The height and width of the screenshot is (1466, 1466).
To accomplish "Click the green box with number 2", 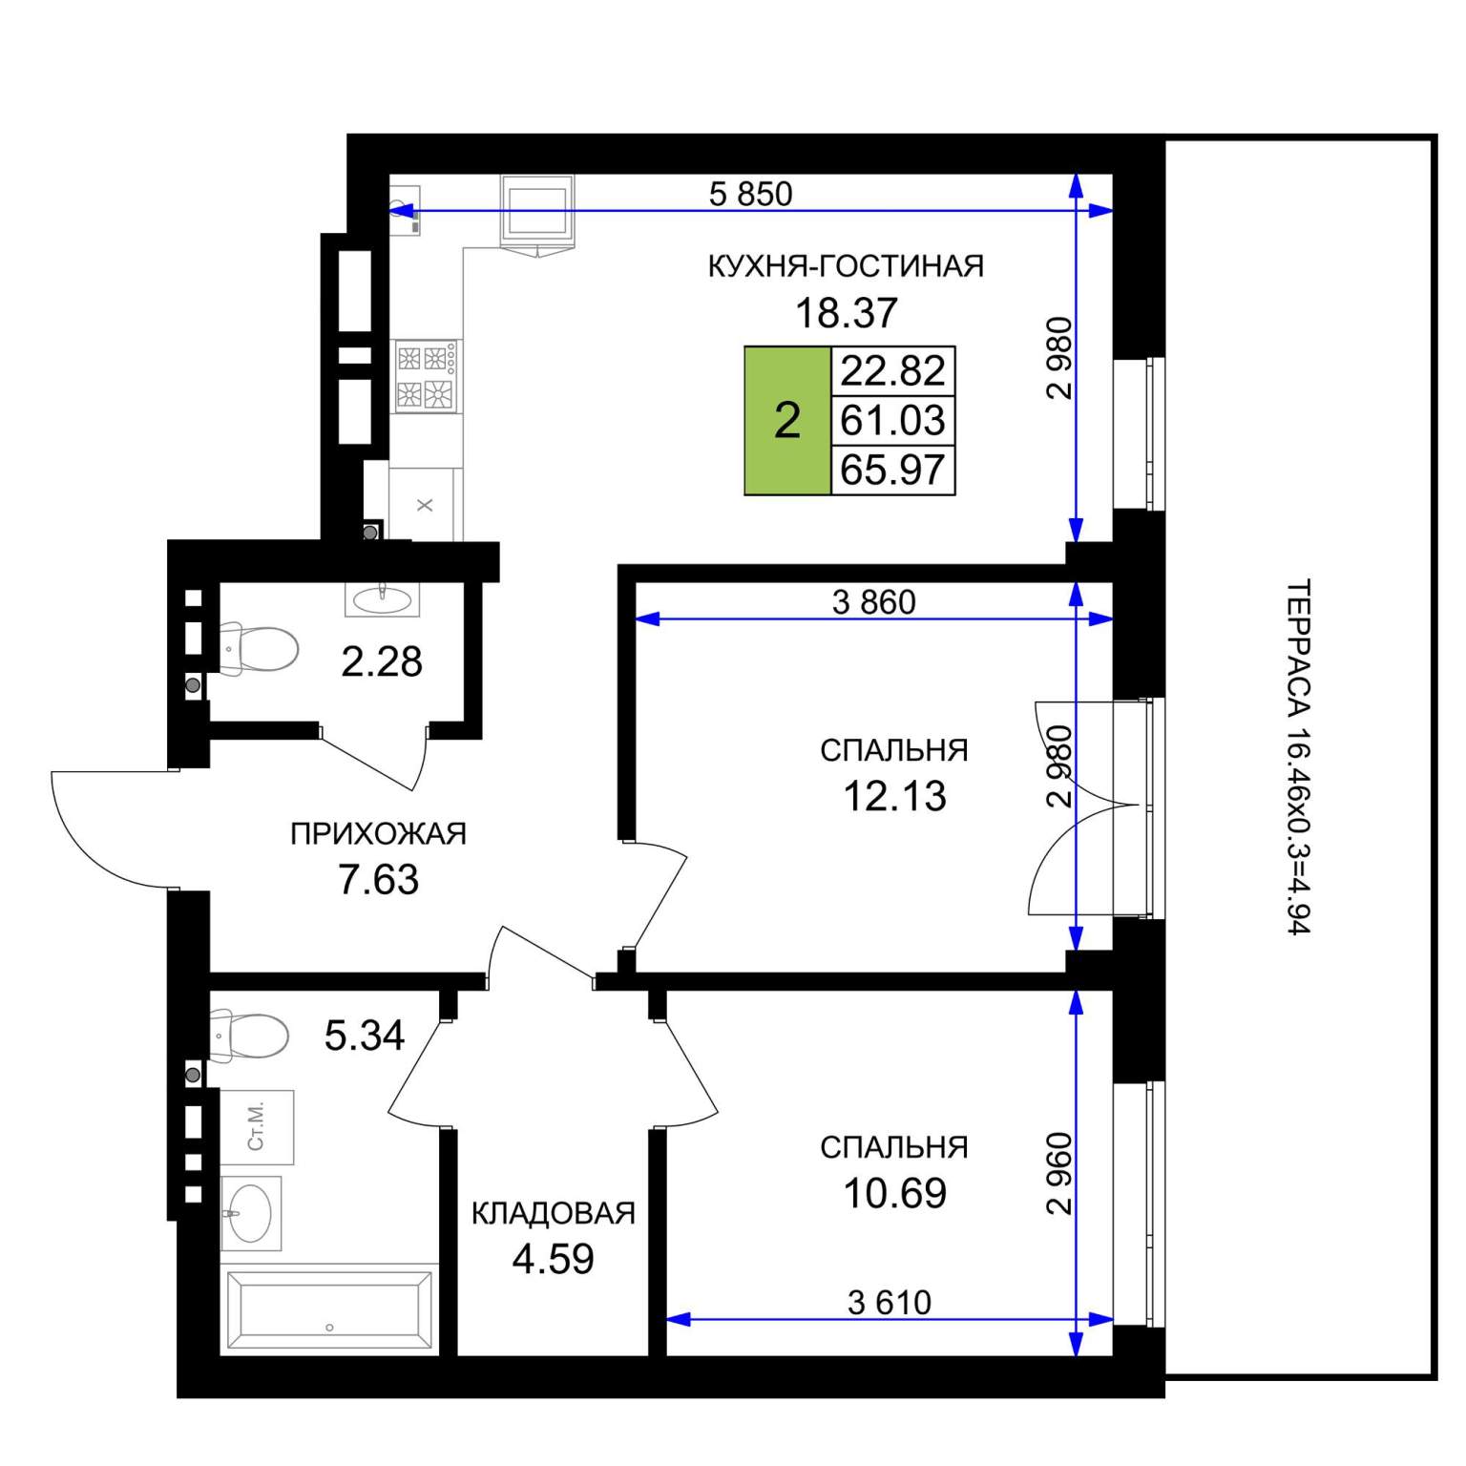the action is coord(787,420).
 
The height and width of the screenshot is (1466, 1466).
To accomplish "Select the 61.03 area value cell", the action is coord(893,420).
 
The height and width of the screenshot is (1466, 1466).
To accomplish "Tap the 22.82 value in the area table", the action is coord(893,370).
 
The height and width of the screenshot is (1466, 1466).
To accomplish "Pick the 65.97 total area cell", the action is coord(893,470).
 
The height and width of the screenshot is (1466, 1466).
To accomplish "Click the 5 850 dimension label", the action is coord(751,194).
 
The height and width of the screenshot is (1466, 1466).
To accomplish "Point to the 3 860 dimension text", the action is coord(874,602).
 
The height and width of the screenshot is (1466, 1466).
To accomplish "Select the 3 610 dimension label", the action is coord(890,1302).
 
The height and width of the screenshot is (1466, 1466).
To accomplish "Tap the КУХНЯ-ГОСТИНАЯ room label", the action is coord(846,266).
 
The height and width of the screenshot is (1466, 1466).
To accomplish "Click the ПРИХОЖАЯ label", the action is coord(379,834).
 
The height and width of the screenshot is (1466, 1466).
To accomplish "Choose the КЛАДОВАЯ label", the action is coord(554,1213).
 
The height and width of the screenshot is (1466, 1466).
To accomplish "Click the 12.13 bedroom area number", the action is coord(894,796).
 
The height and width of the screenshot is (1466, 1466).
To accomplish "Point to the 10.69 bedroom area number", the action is coord(894,1193).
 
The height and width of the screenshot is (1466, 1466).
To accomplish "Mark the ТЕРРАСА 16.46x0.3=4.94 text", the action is coord(1299,757).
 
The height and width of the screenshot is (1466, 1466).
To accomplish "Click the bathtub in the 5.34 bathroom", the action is coord(329,1309).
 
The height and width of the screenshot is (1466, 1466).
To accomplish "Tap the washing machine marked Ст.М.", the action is coord(257,1127).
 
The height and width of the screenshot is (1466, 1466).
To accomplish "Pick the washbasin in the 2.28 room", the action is coord(383,598).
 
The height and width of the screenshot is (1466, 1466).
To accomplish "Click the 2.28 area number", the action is coord(382,661).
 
